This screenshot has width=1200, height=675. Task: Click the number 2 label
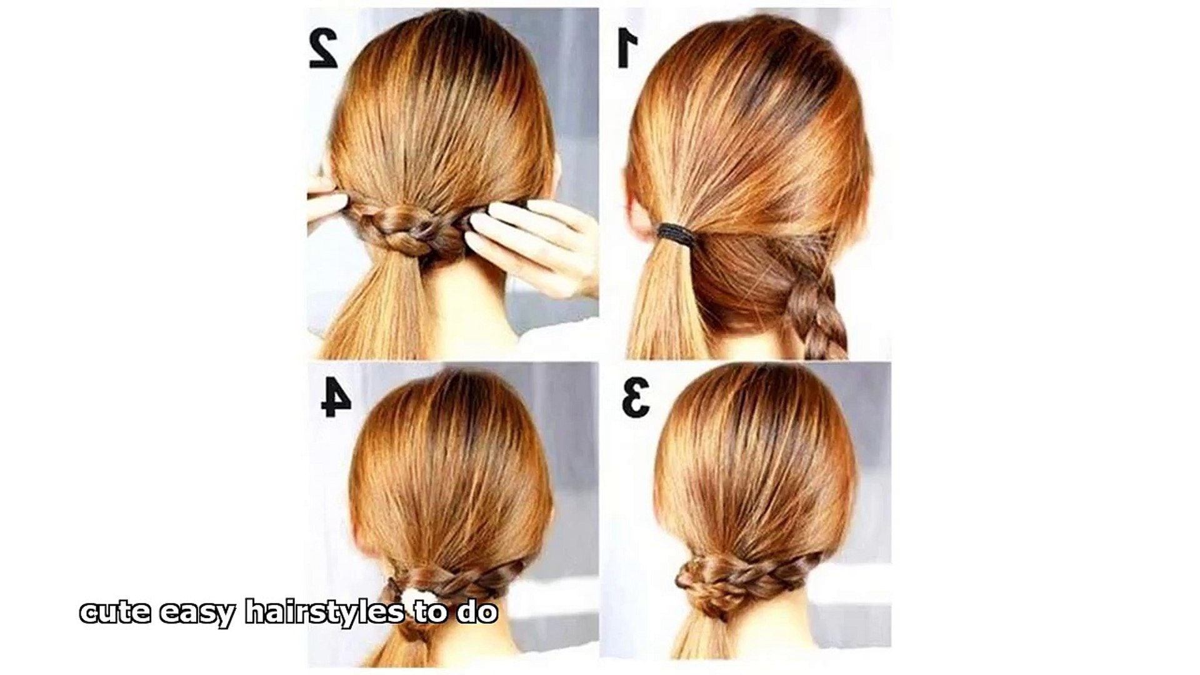click(x=324, y=47)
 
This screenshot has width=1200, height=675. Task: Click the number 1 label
click(x=627, y=47)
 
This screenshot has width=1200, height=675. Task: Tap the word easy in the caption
click(x=197, y=614)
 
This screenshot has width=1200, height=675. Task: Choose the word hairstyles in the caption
click(x=324, y=611)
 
